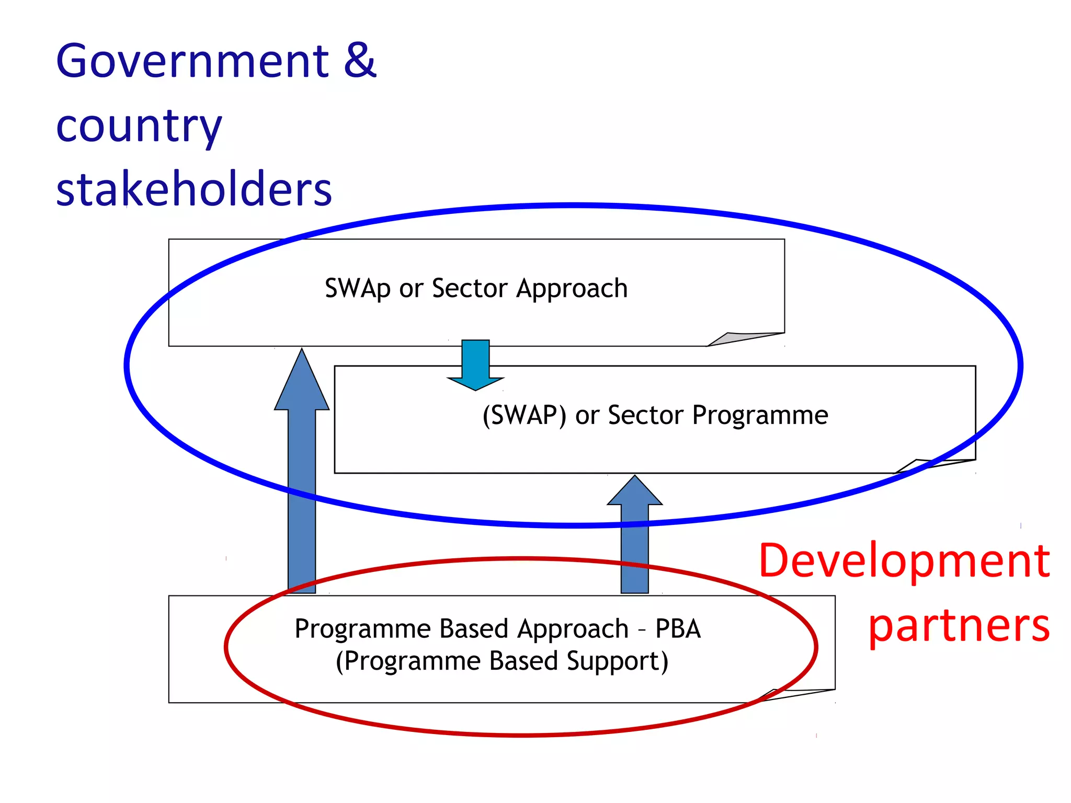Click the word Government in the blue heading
(192, 61)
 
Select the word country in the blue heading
(139, 127)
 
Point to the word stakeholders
(194, 189)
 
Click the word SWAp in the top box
(358, 289)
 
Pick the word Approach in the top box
(572, 289)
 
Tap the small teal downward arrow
(475, 366)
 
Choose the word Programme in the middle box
(760, 416)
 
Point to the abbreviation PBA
(678, 628)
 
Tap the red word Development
(904, 560)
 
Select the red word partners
(959, 626)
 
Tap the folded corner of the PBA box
(795, 695)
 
